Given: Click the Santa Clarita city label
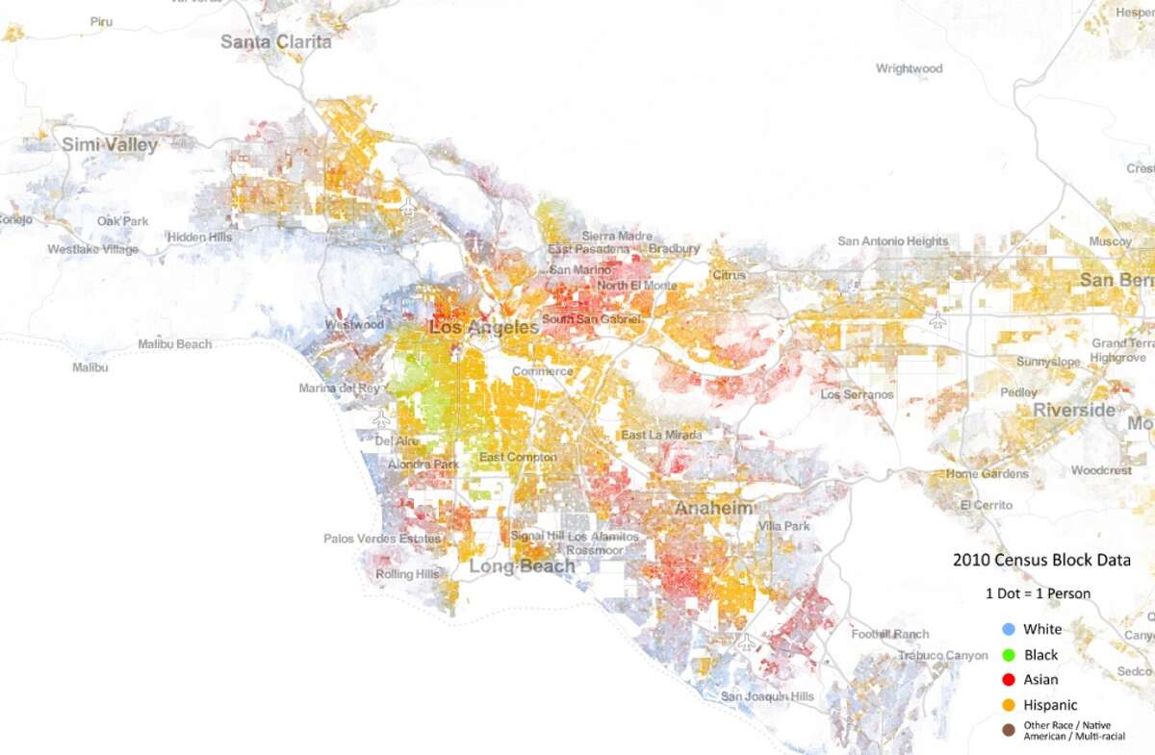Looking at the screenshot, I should point(275,41).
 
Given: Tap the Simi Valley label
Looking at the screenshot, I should point(110,145).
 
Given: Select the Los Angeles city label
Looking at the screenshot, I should point(483,328).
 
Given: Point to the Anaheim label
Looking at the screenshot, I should point(713,507).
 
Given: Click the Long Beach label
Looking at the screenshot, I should point(521,566).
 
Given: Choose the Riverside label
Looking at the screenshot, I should point(1074,410).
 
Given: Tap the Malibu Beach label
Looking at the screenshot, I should point(174,343).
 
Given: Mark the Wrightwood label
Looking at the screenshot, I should point(909,68).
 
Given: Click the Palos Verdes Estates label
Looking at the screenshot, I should point(381,539).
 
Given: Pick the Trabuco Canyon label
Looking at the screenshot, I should point(942,655).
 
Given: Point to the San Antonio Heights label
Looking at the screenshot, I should point(892,241).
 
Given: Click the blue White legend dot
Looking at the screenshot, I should point(1009,629).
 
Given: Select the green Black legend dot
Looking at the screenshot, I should point(1009,654).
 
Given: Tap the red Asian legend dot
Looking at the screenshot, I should point(1009,679).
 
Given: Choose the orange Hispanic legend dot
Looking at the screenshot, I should point(1009,705).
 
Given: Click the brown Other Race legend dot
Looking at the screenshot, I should point(1009,730).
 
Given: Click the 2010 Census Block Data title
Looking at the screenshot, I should point(1040,560).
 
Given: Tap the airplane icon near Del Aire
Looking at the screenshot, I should point(382,419).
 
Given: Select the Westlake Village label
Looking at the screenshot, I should point(92,249).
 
